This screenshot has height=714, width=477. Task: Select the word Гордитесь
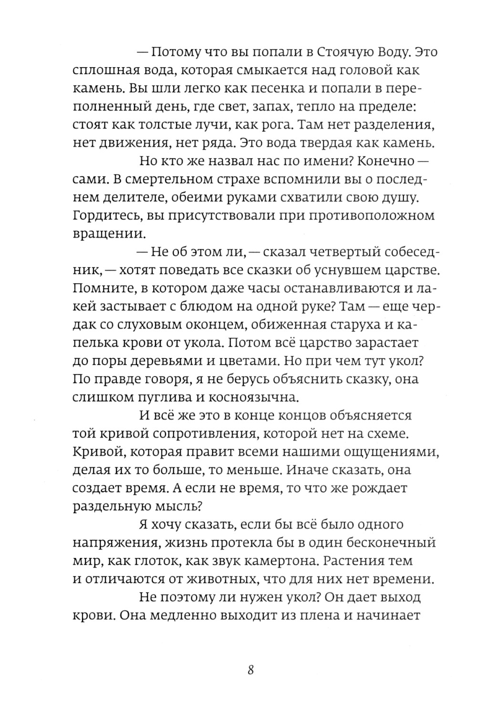point(104,216)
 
